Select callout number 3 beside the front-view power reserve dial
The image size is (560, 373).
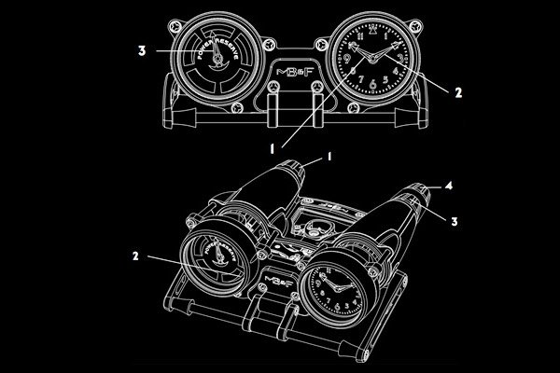[141, 51]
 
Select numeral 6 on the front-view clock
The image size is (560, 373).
[371, 89]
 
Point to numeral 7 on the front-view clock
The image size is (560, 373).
[357, 84]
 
